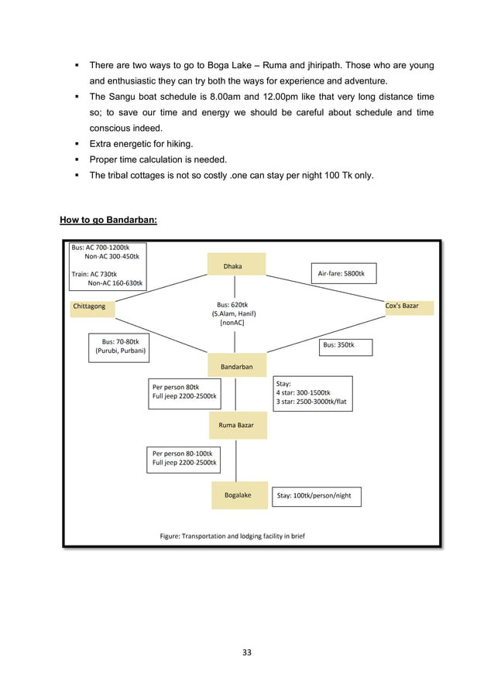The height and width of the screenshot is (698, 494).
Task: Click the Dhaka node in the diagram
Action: (236, 265)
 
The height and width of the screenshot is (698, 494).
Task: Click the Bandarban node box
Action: (236, 366)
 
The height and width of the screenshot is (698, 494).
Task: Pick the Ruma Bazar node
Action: (238, 426)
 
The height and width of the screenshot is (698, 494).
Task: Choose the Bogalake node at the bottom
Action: (238, 495)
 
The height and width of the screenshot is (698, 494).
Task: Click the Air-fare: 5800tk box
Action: (346, 274)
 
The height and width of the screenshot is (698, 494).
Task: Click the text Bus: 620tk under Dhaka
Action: (235, 305)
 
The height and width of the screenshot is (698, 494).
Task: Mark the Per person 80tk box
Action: (184, 392)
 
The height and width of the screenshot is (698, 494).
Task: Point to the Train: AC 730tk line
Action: (94, 274)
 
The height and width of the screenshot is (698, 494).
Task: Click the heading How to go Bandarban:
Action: (108, 221)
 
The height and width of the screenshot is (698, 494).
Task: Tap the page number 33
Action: (247, 652)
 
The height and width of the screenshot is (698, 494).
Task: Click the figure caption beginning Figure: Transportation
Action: (232, 535)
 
